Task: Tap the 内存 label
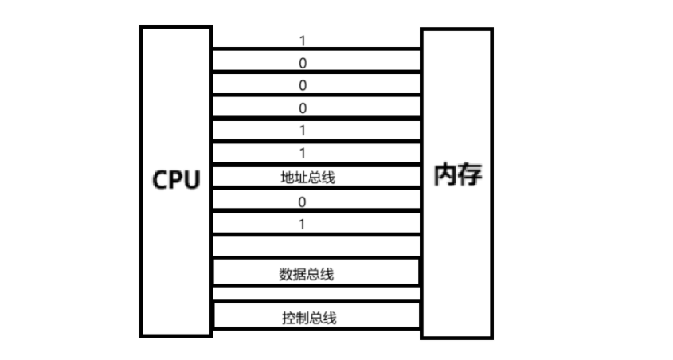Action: tap(457, 174)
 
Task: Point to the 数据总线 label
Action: tap(307, 275)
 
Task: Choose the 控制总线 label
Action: tap(309, 319)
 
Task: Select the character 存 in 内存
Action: tap(470, 174)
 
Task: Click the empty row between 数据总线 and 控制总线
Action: tap(315, 294)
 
